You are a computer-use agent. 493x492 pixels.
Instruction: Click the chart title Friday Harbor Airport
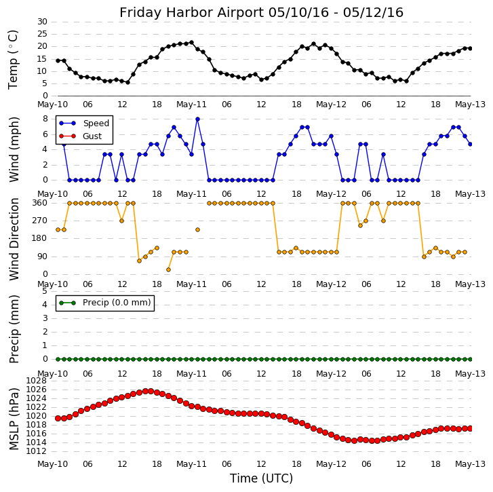[x=261, y=12]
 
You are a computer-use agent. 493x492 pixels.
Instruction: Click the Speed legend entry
[x=96, y=124]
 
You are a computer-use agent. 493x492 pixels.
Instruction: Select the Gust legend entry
[x=92, y=136]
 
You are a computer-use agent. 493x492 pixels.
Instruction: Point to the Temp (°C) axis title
[x=14, y=59]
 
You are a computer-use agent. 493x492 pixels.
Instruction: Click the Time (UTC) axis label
[x=261, y=478]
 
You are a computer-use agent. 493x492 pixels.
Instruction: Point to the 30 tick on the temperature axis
[x=42, y=22]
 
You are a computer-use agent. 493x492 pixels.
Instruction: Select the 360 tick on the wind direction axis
[x=39, y=203]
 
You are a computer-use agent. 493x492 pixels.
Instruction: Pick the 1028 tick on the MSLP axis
[x=37, y=381]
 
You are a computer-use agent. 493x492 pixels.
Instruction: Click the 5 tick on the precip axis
[x=45, y=290]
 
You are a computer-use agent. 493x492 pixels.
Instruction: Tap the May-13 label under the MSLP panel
[x=470, y=464]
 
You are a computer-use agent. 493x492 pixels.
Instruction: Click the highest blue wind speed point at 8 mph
[x=197, y=119]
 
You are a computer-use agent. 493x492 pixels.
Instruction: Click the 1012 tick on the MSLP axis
[x=37, y=451]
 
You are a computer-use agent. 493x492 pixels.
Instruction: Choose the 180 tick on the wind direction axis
[x=39, y=238]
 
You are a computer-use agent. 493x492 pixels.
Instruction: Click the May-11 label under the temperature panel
[x=192, y=105]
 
